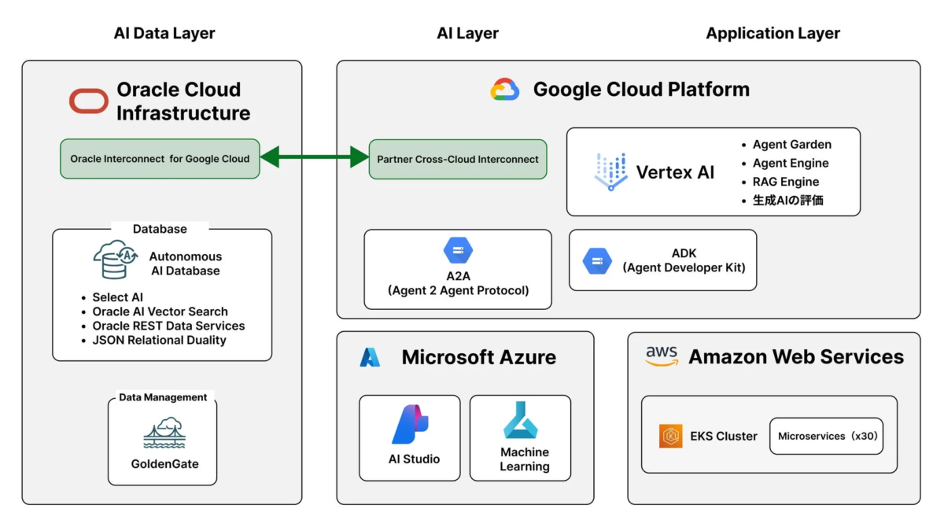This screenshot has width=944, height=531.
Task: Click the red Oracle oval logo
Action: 89,101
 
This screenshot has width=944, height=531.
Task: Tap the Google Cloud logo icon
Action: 505,90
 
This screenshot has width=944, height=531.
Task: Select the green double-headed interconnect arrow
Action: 315,158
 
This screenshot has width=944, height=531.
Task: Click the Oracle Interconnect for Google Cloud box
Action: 160,159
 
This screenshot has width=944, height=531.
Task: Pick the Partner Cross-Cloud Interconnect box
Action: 458,159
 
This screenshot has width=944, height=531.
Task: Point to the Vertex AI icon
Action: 610,171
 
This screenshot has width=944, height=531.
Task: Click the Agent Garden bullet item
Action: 791,144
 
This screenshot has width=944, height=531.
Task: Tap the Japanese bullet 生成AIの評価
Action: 787,201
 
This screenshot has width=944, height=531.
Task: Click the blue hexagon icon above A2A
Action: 458,251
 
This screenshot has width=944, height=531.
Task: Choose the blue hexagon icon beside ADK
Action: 597,260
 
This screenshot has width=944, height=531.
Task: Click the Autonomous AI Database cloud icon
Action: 113,260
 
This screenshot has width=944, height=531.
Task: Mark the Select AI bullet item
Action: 117,297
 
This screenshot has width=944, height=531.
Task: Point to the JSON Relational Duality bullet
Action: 159,340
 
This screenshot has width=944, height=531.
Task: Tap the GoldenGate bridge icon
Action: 164,433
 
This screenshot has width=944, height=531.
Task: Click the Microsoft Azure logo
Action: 371,357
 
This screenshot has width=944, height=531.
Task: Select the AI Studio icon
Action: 410,425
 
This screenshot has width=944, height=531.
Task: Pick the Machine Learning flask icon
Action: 520,420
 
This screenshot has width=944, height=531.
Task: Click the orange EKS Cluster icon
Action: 671,436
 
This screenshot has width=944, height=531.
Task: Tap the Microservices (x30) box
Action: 826,436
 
